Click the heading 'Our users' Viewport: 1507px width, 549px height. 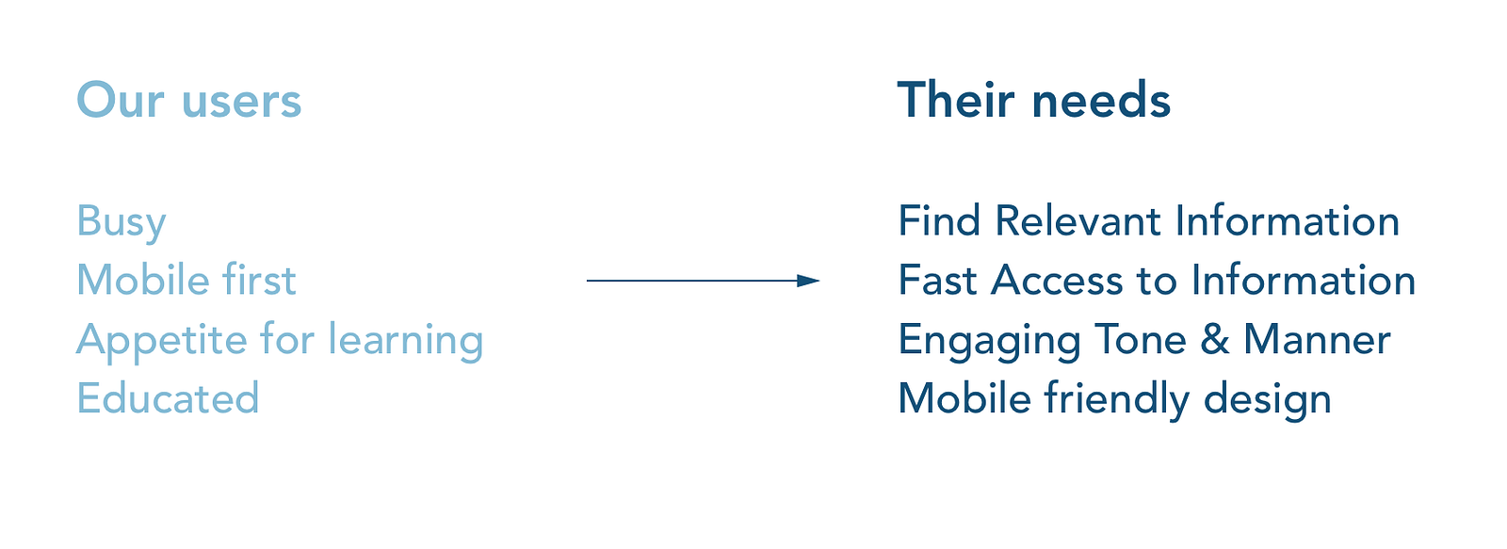(x=188, y=101)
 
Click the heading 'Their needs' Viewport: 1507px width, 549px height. (x=1033, y=101)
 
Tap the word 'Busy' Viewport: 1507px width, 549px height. (x=122, y=222)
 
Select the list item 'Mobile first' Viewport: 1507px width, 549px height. (x=186, y=281)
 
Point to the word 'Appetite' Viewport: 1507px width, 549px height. (x=161, y=341)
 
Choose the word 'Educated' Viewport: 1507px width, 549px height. (x=168, y=398)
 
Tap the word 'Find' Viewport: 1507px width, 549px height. (x=939, y=221)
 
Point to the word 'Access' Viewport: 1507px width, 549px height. (x=1057, y=281)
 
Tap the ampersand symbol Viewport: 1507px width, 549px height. (x=1215, y=340)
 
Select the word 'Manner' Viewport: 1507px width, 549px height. (x=1317, y=340)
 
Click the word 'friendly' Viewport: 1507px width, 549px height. (x=1117, y=399)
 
